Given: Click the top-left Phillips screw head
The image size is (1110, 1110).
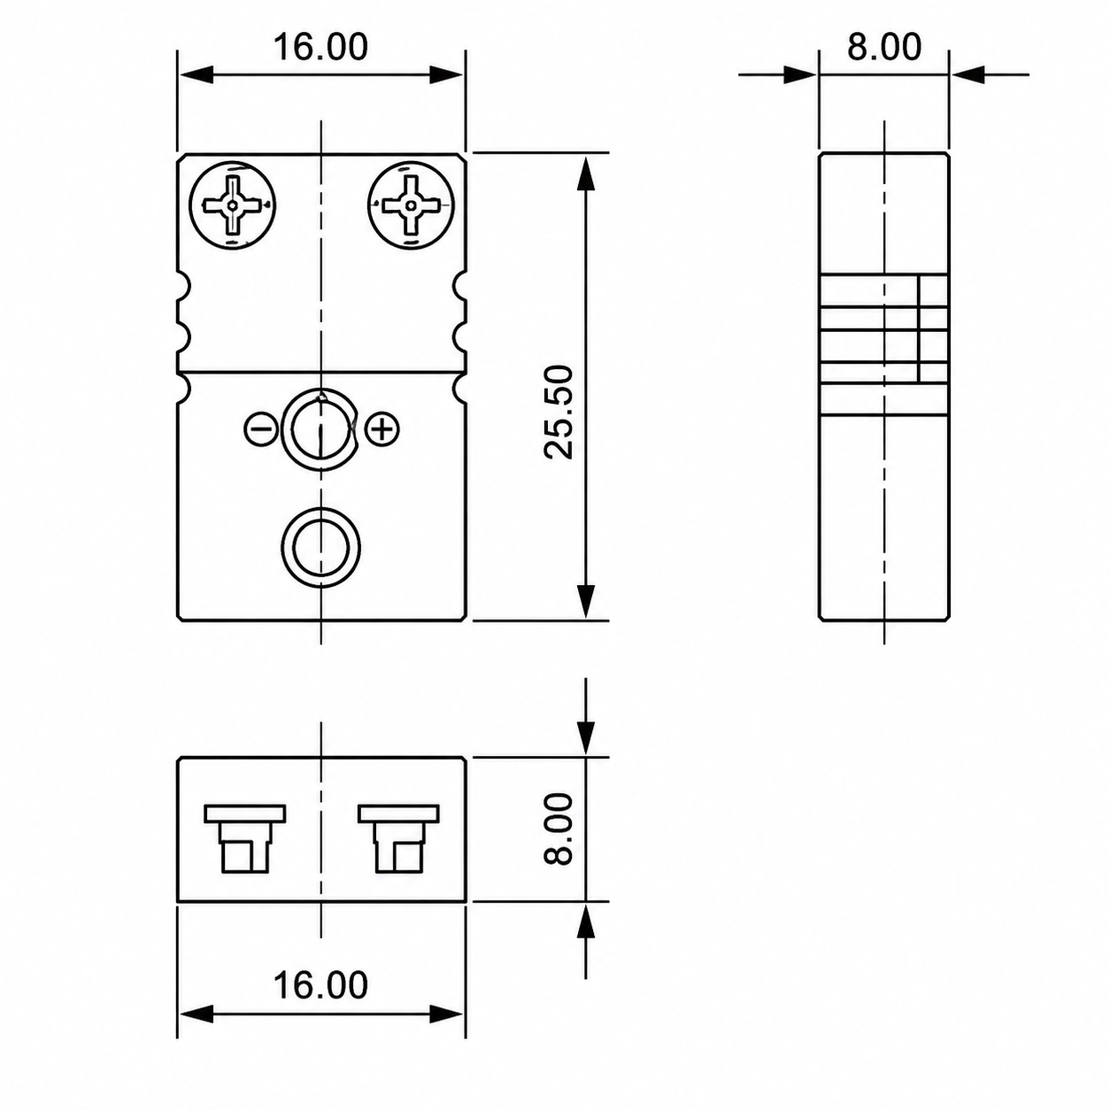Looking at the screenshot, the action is pyautogui.click(x=232, y=205).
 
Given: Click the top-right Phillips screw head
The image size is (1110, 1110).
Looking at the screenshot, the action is pyautogui.click(x=411, y=205).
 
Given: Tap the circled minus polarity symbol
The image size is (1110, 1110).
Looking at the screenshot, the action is pyautogui.click(x=261, y=428).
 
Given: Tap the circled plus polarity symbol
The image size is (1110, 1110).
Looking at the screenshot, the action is pyautogui.click(x=383, y=428).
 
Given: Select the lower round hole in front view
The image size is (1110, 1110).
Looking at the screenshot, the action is pyautogui.click(x=320, y=547).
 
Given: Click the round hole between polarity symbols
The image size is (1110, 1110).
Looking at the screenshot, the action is pyautogui.click(x=320, y=428).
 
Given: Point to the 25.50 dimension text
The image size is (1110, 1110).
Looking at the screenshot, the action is pyautogui.click(x=559, y=412).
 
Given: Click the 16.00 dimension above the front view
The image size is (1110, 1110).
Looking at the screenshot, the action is pyautogui.click(x=320, y=47).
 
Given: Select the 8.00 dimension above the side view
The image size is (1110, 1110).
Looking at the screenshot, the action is pyautogui.click(x=883, y=47).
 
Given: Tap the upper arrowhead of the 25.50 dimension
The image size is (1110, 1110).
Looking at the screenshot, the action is pyautogui.click(x=586, y=173).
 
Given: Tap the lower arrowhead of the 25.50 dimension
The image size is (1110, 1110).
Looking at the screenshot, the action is pyautogui.click(x=586, y=601).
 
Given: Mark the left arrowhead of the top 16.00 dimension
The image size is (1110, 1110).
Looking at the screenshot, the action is pyautogui.click(x=197, y=75).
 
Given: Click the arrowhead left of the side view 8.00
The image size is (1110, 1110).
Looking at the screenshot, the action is pyautogui.click(x=799, y=75).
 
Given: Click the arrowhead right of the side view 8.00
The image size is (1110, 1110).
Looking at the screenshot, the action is pyautogui.click(x=967, y=75).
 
